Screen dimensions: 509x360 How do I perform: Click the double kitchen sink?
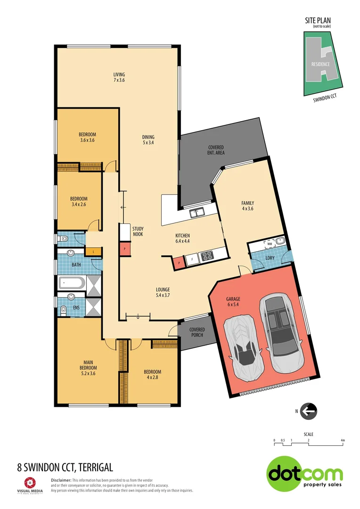click(196, 213)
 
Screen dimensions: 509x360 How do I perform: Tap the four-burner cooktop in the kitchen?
click(206, 257)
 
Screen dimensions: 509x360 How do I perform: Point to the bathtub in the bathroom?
click(71, 283)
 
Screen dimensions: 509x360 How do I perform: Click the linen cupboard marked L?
click(94, 252)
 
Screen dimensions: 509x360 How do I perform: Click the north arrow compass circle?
click(309, 411)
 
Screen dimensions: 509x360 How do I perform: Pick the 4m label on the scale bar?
click(343, 440)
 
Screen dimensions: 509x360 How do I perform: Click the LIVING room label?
click(119, 74)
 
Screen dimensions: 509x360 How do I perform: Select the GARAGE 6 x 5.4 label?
click(233, 302)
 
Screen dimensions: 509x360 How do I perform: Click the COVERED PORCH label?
click(196, 332)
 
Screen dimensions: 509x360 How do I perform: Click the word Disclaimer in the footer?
click(60, 479)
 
